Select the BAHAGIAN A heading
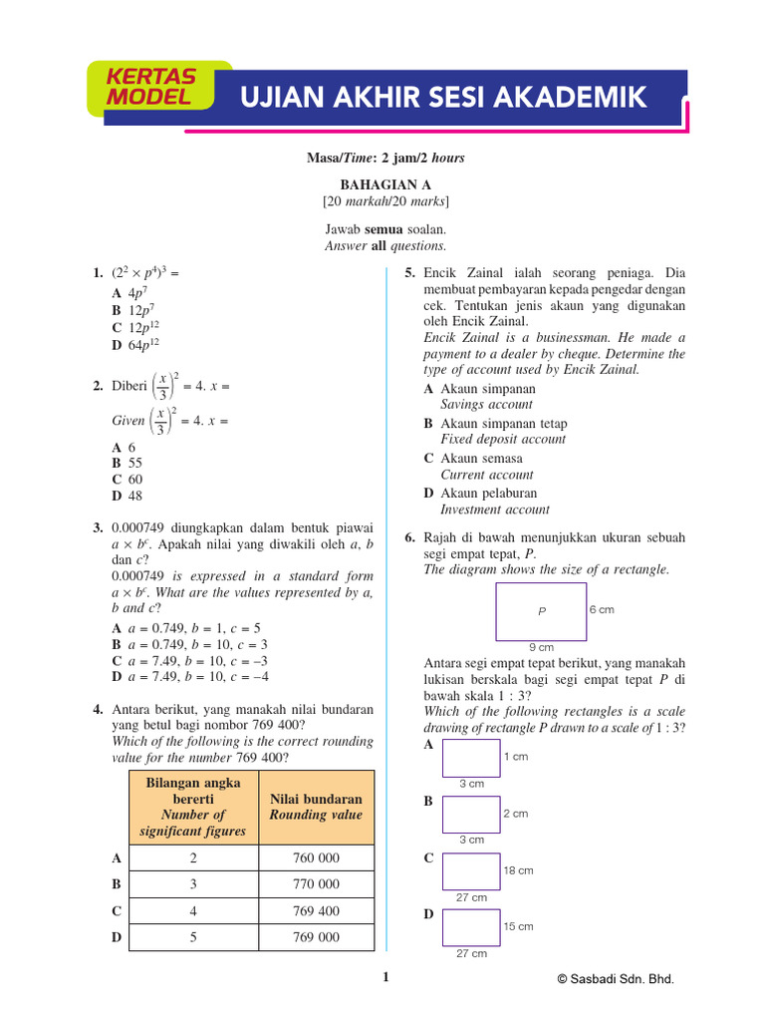tap(382, 184)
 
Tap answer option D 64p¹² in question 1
tap(135, 345)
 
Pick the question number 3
tap(98, 526)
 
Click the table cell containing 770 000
tap(316, 883)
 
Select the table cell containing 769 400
tap(316, 910)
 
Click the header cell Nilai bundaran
tap(316, 807)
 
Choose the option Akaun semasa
tap(480, 459)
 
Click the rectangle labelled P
tap(541, 611)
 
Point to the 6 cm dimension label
tap(602, 609)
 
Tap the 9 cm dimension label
tap(541, 647)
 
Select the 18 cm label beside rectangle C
tap(518, 870)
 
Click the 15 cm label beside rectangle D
tap(518, 926)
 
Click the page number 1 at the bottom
tap(385, 978)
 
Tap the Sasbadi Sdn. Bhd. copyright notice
tap(615, 980)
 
